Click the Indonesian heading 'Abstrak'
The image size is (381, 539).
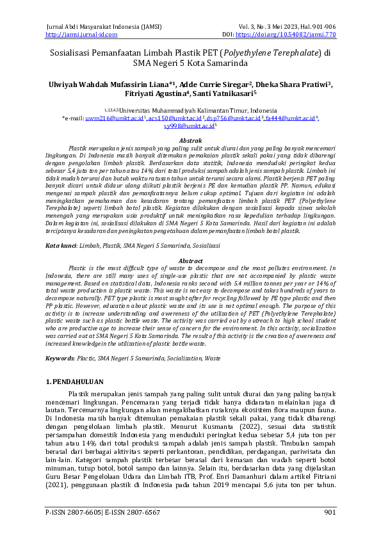click(190, 140)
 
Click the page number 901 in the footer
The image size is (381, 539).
click(330, 512)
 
